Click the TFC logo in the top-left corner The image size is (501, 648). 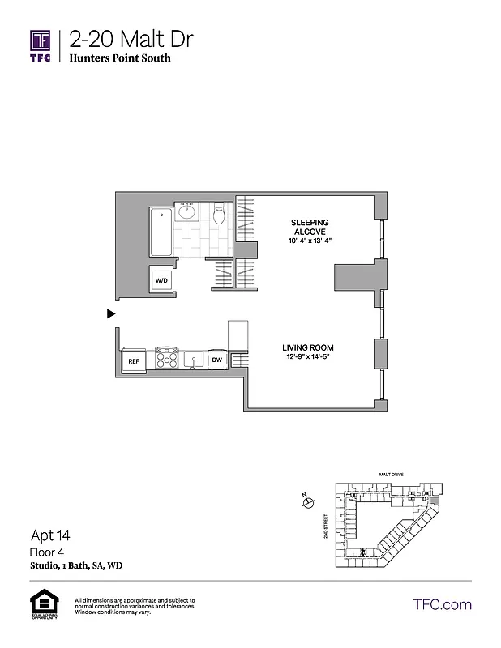coord(41,45)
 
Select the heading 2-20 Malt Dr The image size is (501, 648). coord(131,39)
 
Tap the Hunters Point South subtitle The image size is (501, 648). coord(120,58)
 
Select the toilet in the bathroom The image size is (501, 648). coord(218,216)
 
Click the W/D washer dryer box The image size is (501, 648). coord(161,281)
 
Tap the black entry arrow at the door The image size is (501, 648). coord(112,313)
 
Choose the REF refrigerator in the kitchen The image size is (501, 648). coord(133,360)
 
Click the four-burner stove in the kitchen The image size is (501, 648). coord(167,358)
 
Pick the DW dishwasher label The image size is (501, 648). coord(216,360)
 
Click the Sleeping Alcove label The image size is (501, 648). coord(309,226)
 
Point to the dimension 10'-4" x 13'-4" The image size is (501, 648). coord(309,241)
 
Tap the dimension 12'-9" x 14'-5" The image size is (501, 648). coord(306,356)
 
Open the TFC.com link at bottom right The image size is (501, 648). coord(442,604)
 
